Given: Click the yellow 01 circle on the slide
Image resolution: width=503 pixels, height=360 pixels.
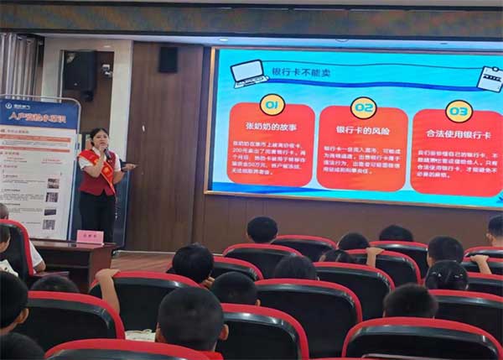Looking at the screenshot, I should pyautogui.click(x=272, y=104).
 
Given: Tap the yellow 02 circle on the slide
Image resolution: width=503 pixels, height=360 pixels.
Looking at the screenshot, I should pyautogui.click(x=363, y=107).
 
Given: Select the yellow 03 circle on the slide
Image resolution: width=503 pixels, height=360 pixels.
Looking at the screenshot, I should pyautogui.click(x=459, y=111).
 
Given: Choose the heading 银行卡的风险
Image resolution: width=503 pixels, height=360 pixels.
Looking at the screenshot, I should pyautogui.click(x=362, y=131).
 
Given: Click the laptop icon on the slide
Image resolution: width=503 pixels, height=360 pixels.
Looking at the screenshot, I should pyautogui.click(x=250, y=73).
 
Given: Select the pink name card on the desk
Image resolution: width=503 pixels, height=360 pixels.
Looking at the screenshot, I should pyautogui.click(x=90, y=237).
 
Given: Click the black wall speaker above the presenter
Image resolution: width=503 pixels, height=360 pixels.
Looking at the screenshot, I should pyautogui.click(x=168, y=59).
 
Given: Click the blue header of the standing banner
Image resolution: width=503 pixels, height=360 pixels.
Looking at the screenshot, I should pyautogui.click(x=39, y=114).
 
